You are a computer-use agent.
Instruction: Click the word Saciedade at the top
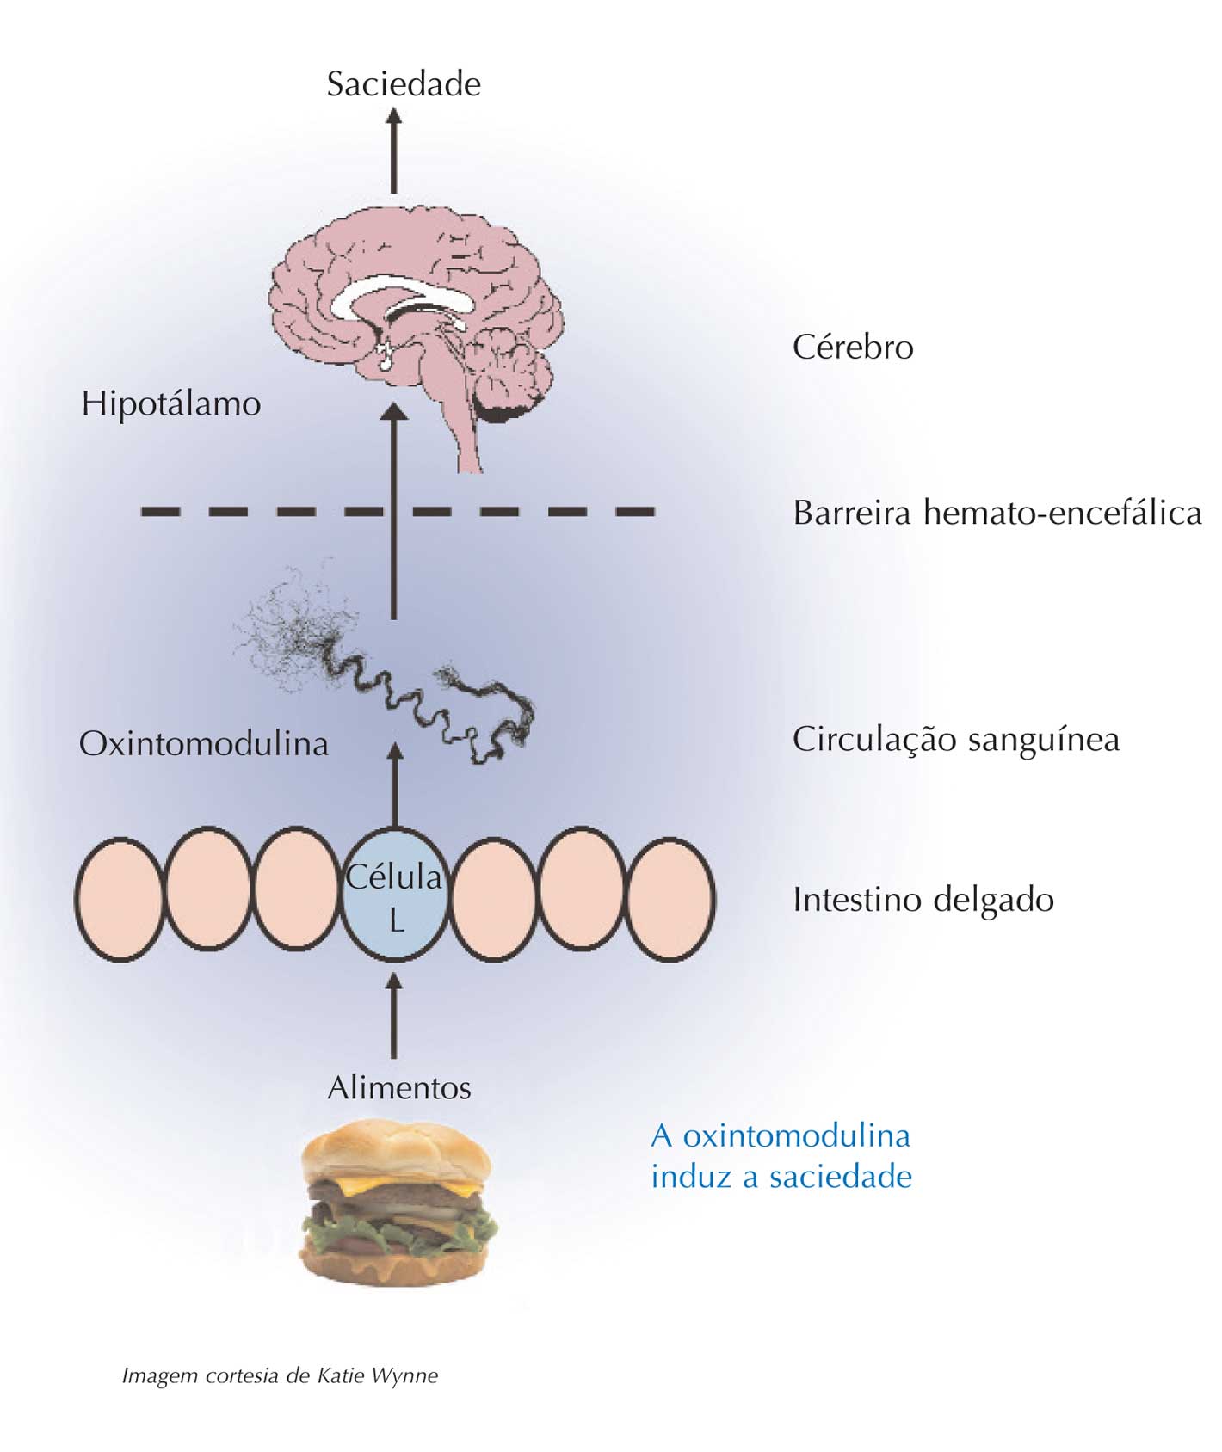(403, 84)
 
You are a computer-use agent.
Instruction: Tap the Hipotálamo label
(170, 403)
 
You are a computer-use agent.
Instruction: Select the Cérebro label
(852, 347)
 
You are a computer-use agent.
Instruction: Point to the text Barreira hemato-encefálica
(997, 513)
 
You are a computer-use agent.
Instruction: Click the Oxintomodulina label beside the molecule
(203, 743)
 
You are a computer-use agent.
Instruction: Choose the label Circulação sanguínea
(955, 739)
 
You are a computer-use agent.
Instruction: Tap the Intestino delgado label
(923, 900)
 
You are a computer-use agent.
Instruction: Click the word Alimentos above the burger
(398, 1088)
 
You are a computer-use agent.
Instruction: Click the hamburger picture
(398, 1204)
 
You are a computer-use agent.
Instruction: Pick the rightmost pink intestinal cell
(670, 899)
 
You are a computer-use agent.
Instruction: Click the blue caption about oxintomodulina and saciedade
(780, 1155)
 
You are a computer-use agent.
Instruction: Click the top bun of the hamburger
(396, 1148)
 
